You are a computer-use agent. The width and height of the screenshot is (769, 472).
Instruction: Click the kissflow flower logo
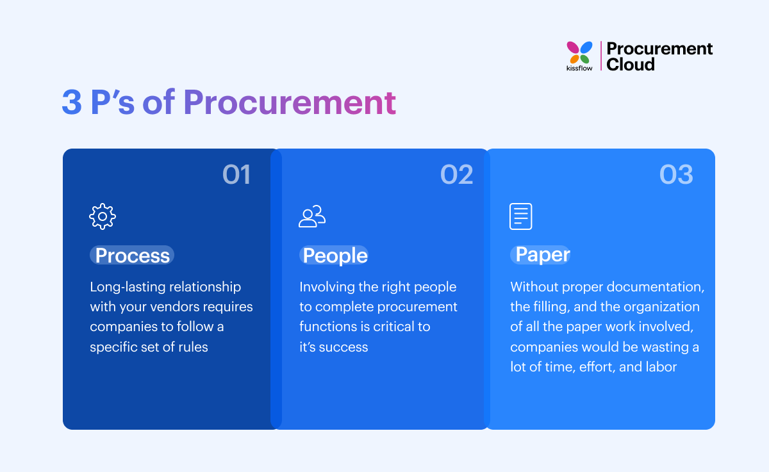click(x=579, y=52)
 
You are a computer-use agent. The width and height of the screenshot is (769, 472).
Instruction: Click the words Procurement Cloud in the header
click(x=659, y=56)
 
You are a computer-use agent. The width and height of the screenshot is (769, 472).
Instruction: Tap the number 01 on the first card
click(x=236, y=175)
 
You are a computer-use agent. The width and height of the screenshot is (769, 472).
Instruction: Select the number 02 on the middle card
click(x=456, y=175)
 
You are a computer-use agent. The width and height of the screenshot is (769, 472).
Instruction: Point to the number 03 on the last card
click(x=676, y=175)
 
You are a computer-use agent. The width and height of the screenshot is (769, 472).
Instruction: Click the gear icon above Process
click(x=103, y=216)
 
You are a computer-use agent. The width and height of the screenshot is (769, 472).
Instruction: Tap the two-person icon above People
click(x=312, y=216)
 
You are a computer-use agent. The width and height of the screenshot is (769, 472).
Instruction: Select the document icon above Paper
click(x=520, y=216)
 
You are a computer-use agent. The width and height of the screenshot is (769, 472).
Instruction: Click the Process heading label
click(x=132, y=256)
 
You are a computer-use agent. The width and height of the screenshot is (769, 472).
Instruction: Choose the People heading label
click(x=335, y=256)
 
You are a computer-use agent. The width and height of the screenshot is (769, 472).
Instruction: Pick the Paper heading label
click(x=542, y=255)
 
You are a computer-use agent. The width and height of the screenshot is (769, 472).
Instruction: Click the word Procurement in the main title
click(x=289, y=102)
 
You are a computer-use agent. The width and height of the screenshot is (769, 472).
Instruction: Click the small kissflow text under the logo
click(x=579, y=68)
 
